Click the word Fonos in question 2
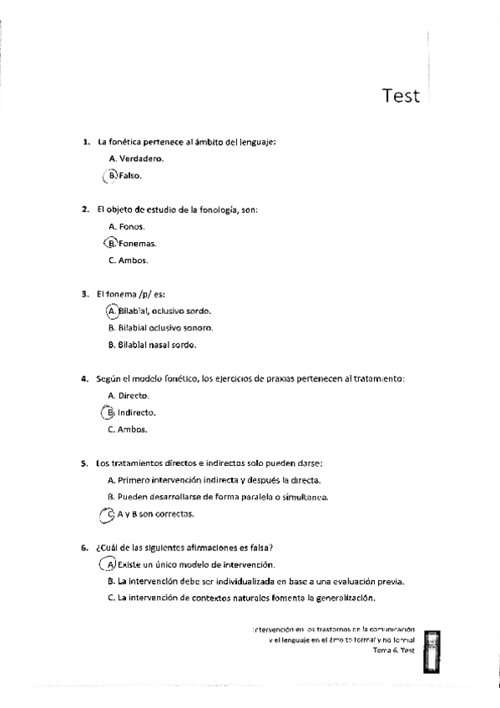click(133, 226)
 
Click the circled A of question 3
click(113, 311)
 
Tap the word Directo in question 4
click(133, 396)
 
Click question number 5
click(84, 463)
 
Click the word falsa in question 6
click(260, 548)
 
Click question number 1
click(84, 142)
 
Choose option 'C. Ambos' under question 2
click(129, 260)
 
